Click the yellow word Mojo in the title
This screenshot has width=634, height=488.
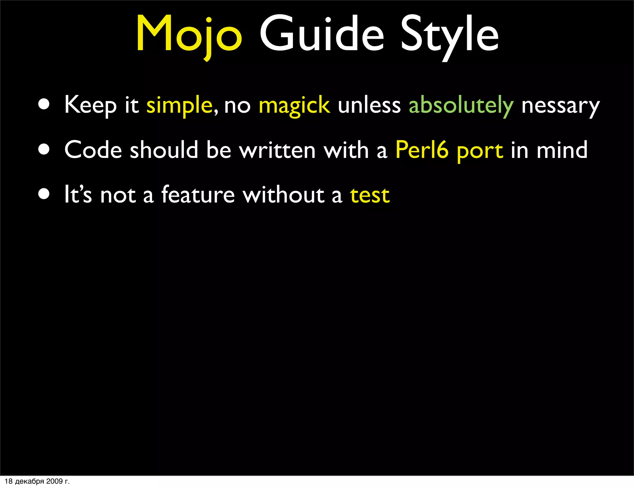click(189, 34)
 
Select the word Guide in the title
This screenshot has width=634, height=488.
click(322, 34)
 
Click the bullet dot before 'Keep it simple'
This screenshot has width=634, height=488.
click(44, 105)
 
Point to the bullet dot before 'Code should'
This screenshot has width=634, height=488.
click(44, 150)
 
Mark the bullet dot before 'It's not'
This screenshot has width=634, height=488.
click(44, 194)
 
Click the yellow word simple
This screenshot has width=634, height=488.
click(179, 106)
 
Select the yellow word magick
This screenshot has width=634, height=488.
click(294, 106)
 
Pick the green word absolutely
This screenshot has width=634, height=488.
click(461, 106)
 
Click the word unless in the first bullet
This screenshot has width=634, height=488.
click(369, 105)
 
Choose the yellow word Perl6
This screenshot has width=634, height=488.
click(422, 150)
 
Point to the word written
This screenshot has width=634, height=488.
click(277, 150)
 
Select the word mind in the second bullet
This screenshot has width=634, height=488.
click(562, 150)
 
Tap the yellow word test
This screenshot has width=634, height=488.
click(370, 195)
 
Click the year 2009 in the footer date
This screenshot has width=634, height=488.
click(54, 481)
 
